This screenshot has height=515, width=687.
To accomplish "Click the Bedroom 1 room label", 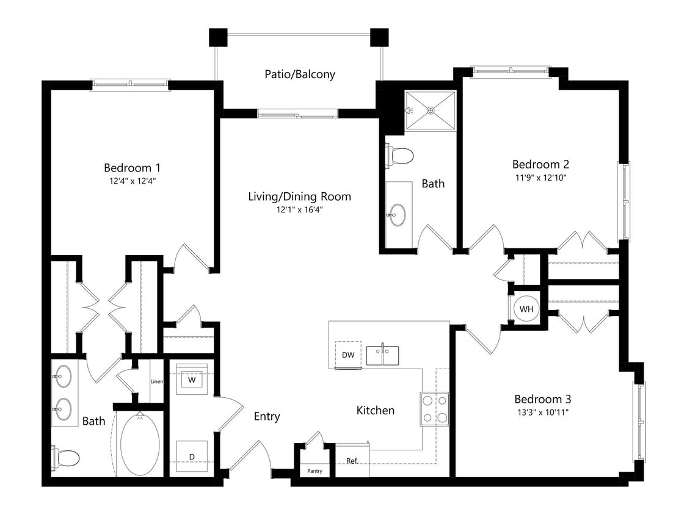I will click(132, 167).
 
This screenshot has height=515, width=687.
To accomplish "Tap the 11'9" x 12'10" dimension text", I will click(540, 178).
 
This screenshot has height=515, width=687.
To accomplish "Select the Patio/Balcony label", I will click(300, 74).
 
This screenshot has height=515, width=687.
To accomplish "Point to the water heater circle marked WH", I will click(526, 309).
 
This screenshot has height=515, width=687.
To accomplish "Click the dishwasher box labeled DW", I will click(348, 355).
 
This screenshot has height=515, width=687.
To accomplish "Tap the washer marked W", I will click(192, 380).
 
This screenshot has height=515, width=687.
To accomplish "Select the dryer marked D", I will click(191, 456).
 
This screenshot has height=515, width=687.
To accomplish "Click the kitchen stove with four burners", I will click(434, 409).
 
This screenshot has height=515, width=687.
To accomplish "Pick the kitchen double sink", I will click(382, 355).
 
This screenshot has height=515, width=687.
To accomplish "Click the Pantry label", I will click(314, 471).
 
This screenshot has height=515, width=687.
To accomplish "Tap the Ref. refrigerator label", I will click(352, 461).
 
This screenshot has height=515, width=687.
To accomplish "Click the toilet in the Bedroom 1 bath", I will click(66, 457).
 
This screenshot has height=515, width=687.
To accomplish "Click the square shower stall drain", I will click(431, 110).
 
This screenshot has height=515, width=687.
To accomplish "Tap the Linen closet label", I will click(156, 381).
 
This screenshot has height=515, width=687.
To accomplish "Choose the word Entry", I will click(267, 416).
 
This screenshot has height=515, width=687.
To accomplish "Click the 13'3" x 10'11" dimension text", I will click(543, 412).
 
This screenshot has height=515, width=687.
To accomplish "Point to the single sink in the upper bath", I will click(398, 214).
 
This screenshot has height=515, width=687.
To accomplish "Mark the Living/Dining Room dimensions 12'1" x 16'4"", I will click(299, 209).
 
